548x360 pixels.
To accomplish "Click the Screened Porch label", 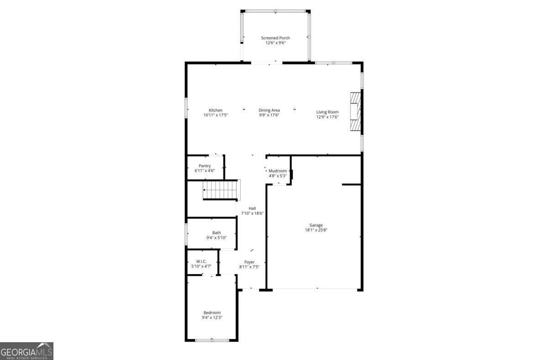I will point(275,38).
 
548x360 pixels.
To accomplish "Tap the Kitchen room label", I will point(216,110).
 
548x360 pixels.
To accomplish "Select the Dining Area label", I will point(269,110).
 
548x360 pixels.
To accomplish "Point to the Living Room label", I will point(327,112).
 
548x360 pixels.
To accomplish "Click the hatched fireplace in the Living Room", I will point(355,112).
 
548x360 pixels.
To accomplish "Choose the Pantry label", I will point(205,166).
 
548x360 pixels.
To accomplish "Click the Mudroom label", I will point(278,171).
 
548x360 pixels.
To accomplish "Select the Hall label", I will point(252,208).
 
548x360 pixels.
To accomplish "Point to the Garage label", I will point(316,225).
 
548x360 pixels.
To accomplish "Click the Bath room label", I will point(216,233).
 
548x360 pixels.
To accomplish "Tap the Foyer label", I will point(249,262).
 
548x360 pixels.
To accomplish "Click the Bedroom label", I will point(212,313).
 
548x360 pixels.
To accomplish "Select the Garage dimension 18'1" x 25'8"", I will point(316,230).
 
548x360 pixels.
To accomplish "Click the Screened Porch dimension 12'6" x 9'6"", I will point(275,43).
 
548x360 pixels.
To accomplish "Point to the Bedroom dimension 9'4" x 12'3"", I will point(212,318).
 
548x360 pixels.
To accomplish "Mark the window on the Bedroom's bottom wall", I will point(212,340).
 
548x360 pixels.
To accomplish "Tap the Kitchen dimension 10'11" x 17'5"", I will point(216,115).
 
